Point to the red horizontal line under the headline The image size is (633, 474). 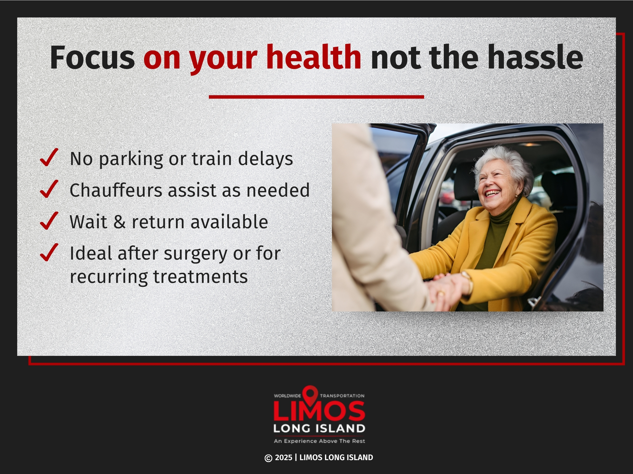[x=316, y=97]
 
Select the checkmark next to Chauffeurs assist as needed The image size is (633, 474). [x=49, y=189]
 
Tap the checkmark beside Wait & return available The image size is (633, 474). [x=49, y=221]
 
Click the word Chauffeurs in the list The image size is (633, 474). [x=116, y=190]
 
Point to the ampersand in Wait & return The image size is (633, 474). [x=119, y=222]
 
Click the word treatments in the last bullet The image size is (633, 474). [x=200, y=277]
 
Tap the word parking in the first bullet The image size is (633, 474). [x=131, y=159]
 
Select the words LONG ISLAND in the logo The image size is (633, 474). [x=319, y=429]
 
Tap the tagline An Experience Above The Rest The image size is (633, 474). [x=319, y=441]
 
